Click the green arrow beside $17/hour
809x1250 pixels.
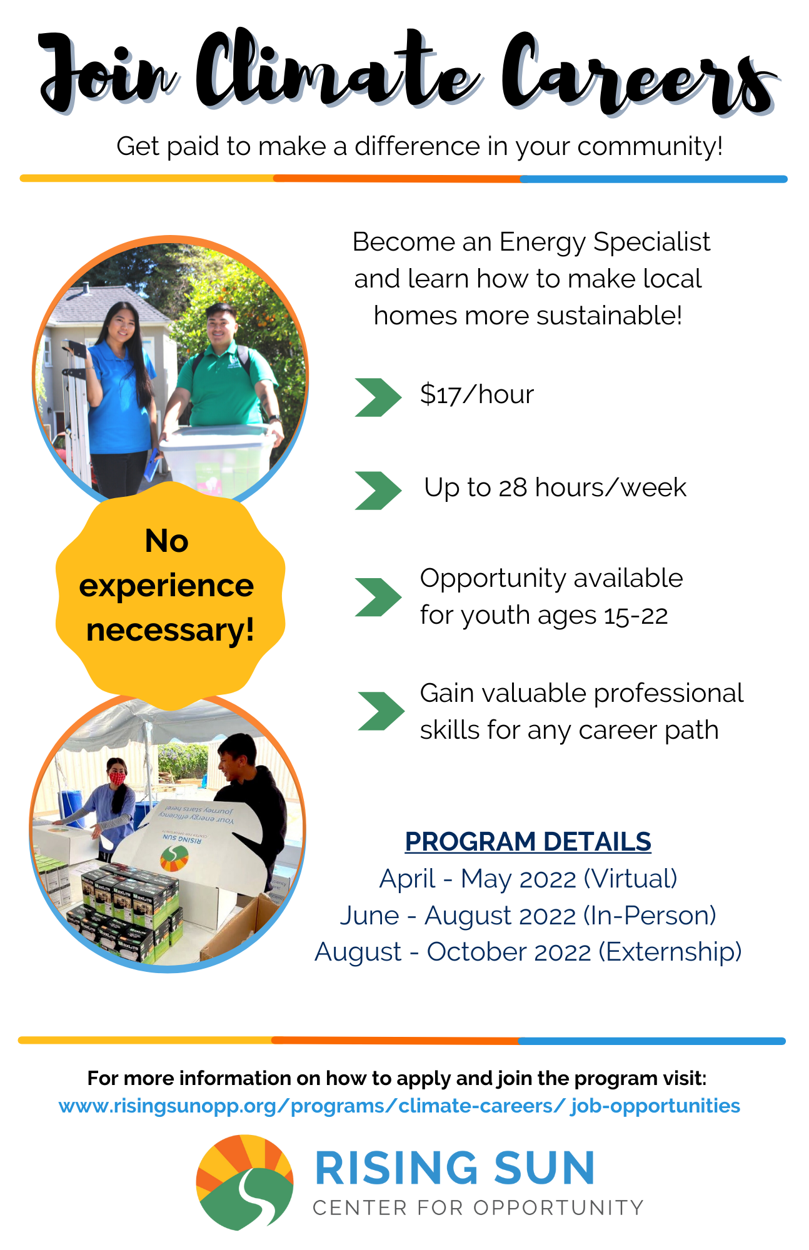coord(378,397)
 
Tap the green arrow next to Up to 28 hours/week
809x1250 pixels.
coord(378,490)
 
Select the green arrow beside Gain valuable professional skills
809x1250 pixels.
coord(381,711)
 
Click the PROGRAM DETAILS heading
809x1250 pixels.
coord(528,842)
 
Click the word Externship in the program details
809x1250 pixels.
coord(670,952)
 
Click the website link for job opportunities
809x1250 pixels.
coord(399,1106)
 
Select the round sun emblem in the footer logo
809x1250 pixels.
coord(244,1182)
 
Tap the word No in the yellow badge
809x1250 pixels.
coord(166,541)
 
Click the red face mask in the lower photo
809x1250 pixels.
coord(117,778)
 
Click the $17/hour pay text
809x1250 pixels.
coord(477,394)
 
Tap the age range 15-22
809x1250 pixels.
coord(636,616)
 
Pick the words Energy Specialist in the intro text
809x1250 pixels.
coord(605,242)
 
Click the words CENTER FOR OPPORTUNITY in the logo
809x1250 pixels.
coord(478,1207)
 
